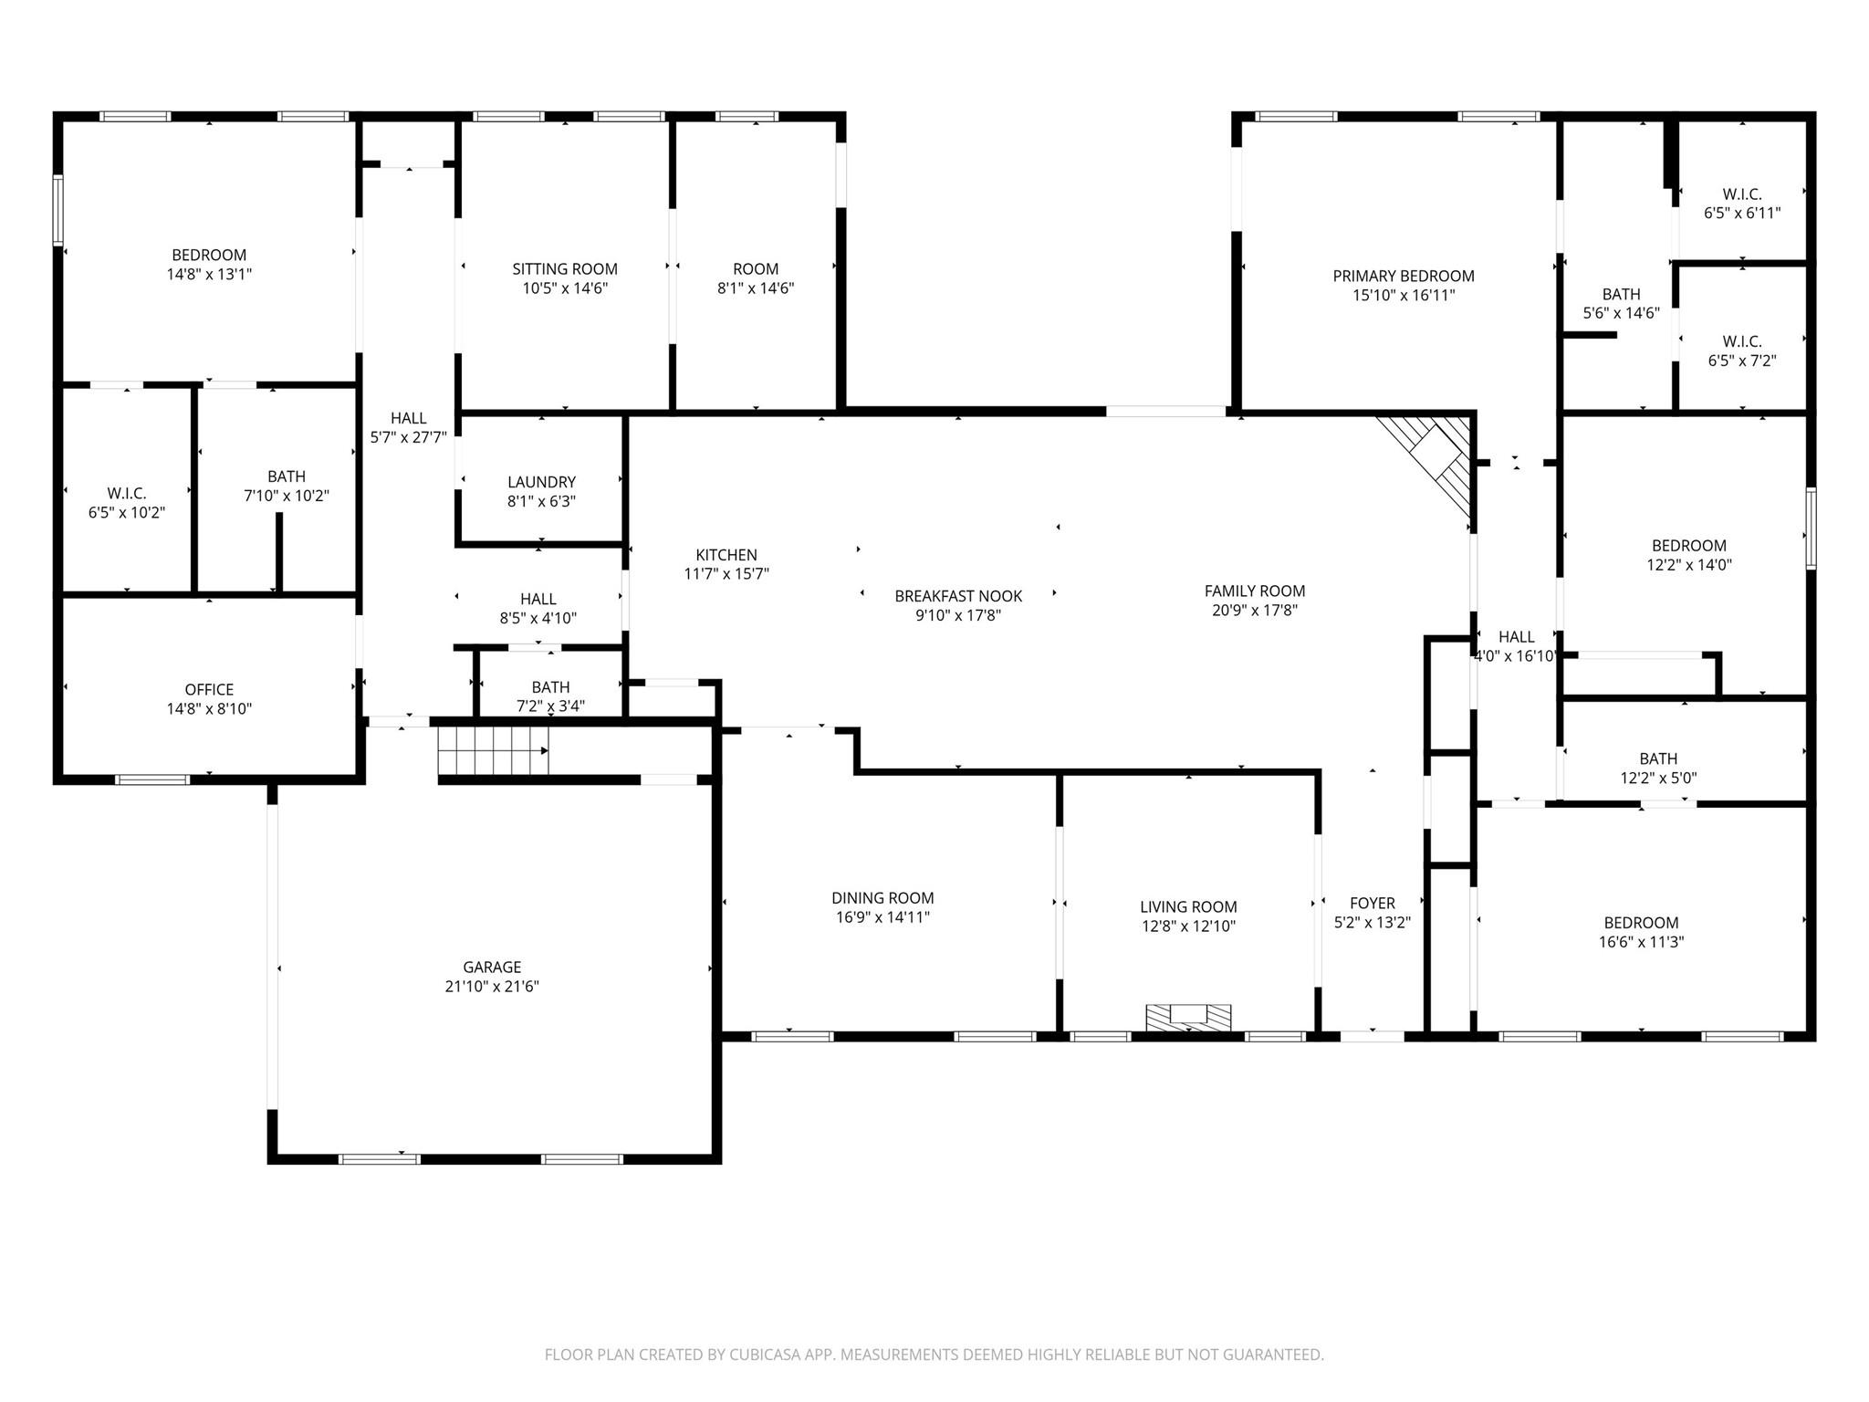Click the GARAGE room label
pyautogui.click(x=492, y=967)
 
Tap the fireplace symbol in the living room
pyautogui.click(x=1188, y=1018)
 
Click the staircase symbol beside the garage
pyautogui.click(x=493, y=750)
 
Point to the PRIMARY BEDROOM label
pyautogui.click(x=1404, y=276)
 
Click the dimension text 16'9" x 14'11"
pyautogui.click(x=882, y=917)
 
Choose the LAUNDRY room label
pyautogui.click(x=541, y=482)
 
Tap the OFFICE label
pyautogui.click(x=209, y=689)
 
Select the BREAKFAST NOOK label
pyautogui.click(x=958, y=596)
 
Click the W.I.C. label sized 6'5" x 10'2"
pyautogui.click(x=126, y=494)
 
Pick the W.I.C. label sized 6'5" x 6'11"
pyautogui.click(x=1742, y=194)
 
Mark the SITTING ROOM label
pyautogui.click(x=565, y=268)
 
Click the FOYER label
pyautogui.click(x=1373, y=904)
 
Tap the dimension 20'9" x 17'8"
pyautogui.click(x=1255, y=611)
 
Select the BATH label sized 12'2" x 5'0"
pyautogui.click(x=1658, y=759)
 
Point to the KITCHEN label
pyautogui.click(x=726, y=555)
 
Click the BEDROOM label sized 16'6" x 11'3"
pyautogui.click(x=1641, y=923)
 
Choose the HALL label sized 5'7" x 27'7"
pyautogui.click(x=408, y=418)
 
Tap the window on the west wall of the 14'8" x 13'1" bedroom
pyautogui.click(x=58, y=211)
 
